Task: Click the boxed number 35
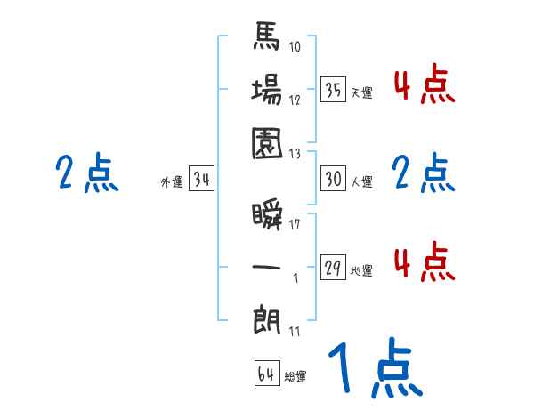[334, 89]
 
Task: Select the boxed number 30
[334, 179]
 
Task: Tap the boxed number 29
[334, 267]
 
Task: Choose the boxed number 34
[202, 180]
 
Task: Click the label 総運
[295, 377]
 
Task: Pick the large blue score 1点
[374, 369]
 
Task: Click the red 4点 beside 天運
[425, 86]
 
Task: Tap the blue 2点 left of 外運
[86, 173]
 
